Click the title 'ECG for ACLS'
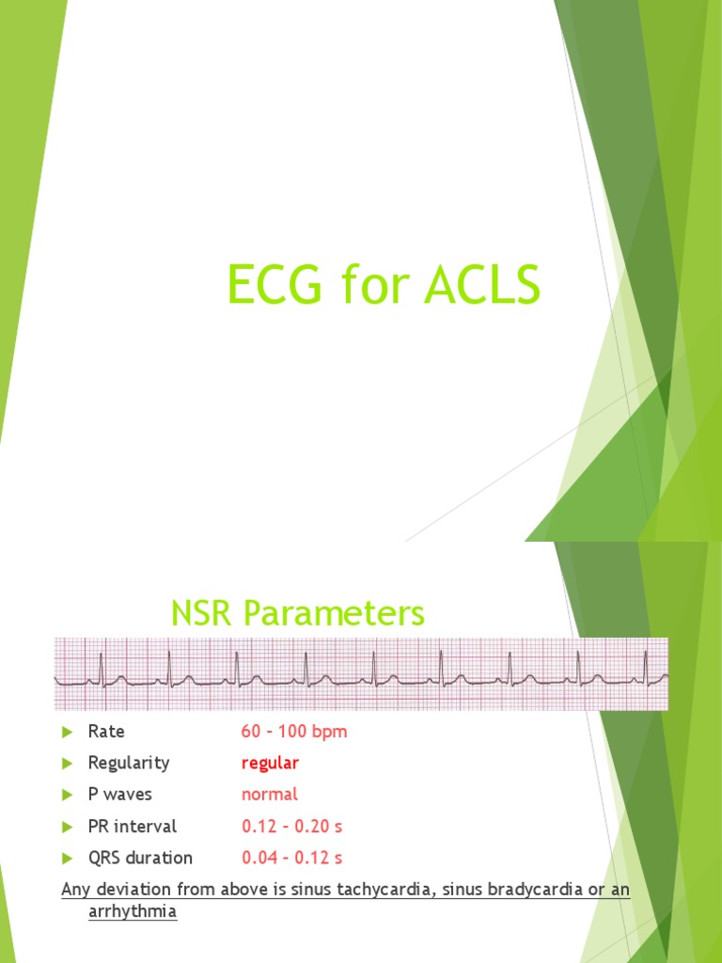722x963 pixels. [384, 285]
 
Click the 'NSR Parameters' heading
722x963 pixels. [298, 614]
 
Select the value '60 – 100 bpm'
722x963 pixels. [294, 732]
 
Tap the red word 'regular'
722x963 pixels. [270, 763]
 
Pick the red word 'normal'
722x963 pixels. [269, 795]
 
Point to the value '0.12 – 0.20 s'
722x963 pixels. [292, 827]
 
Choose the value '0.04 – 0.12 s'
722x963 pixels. [292, 858]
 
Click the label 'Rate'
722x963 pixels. [106, 732]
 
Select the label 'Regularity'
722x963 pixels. [129, 763]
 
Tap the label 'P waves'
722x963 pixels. [119, 795]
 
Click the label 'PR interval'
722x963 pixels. [132, 827]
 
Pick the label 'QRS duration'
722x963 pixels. [140, 858]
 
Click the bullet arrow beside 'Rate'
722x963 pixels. [67, 732]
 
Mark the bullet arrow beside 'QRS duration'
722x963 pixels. [67, 858]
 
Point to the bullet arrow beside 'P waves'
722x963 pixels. [67, 795]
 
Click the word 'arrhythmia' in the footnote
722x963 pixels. [132, 912]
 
